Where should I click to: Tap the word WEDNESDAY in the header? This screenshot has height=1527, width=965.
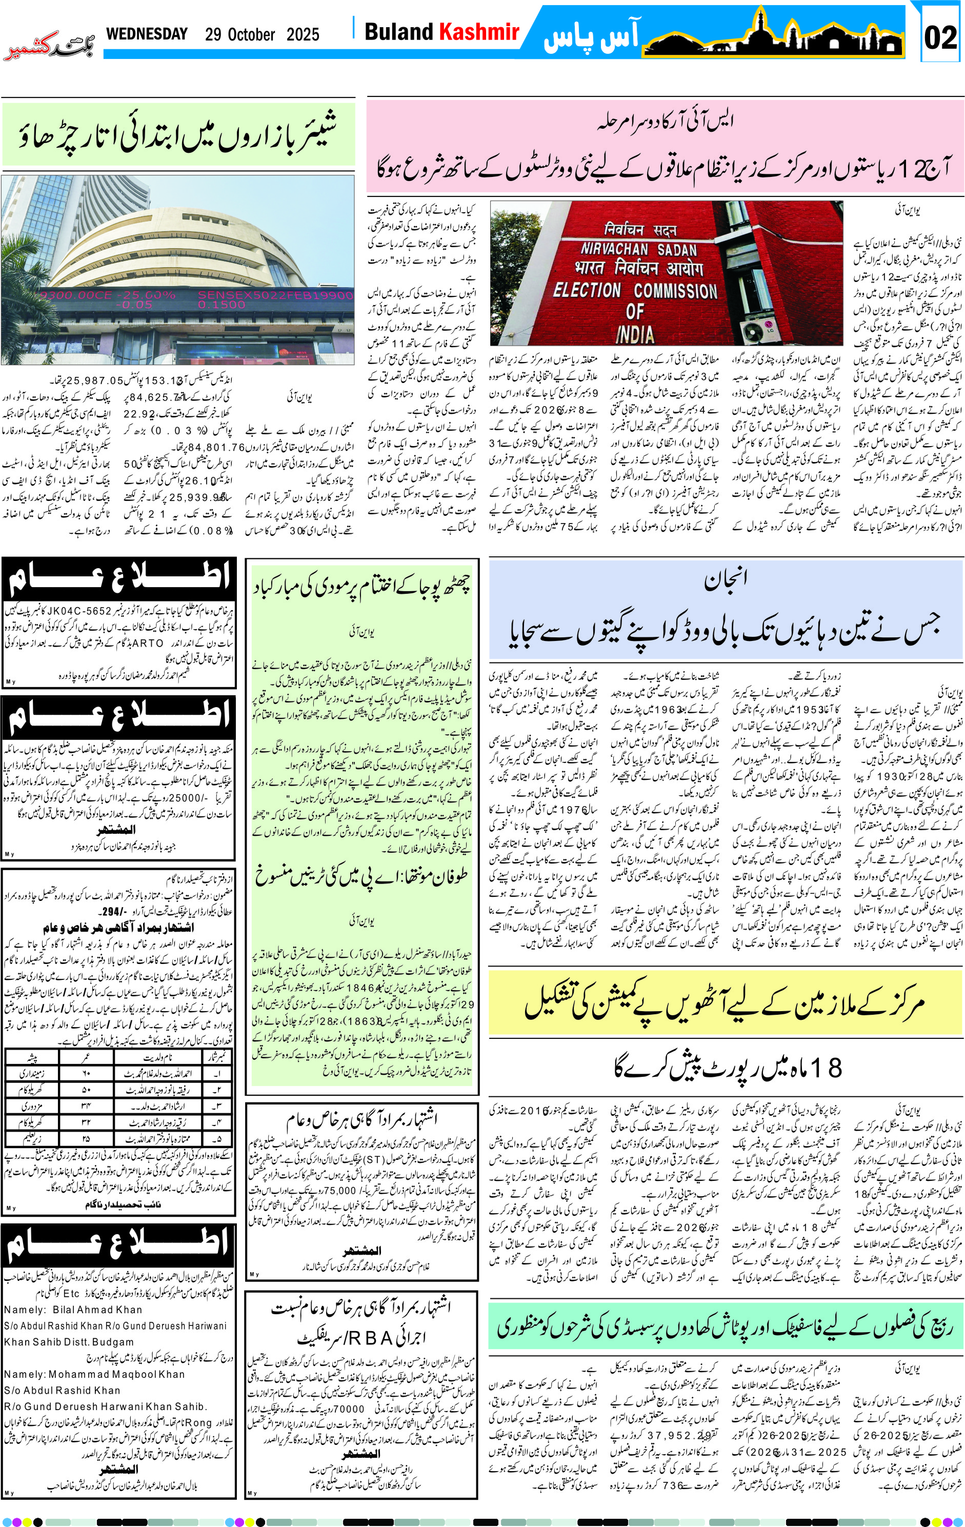pos(147,34)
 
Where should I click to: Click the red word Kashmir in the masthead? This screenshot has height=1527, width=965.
pos(479,32)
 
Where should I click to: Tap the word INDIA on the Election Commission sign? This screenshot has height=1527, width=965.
pos(635,334)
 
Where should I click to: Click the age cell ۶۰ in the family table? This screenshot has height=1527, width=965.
pos(86,1073)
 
